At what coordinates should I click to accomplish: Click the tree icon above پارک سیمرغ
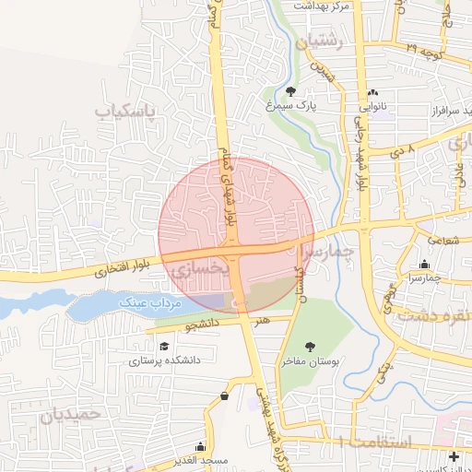[291, 91]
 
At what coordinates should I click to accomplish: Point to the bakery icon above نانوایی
[373, 93]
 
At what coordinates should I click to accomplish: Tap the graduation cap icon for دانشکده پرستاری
[164, 347]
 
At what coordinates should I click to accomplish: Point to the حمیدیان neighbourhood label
[68, 415]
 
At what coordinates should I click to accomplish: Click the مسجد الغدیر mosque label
[205, 459]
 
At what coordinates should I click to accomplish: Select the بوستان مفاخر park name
[336, 361]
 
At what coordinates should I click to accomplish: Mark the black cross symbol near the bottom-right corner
[453, 456]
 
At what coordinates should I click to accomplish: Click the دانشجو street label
[202, 325]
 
